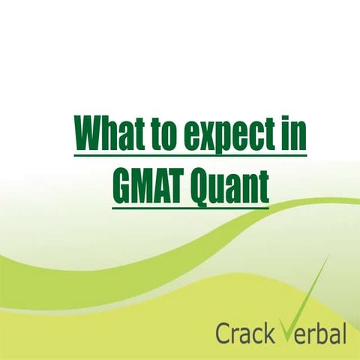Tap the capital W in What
[89, 136]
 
